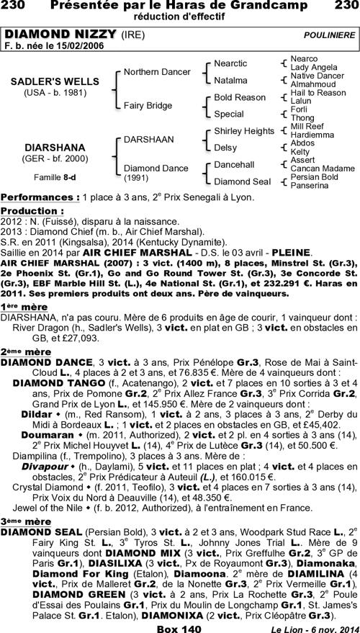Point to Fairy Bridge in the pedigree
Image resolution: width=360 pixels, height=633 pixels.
click(x=148, y=105)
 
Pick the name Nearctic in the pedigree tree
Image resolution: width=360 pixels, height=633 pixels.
click(x=230, y=63)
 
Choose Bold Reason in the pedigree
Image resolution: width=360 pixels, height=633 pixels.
click(x=240, y=97)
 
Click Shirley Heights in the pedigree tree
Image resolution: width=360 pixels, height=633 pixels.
click(x=243, y=130)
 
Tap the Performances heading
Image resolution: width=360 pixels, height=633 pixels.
click(x=39, y=197)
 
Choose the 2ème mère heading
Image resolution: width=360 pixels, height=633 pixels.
click(x=26, y=351)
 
